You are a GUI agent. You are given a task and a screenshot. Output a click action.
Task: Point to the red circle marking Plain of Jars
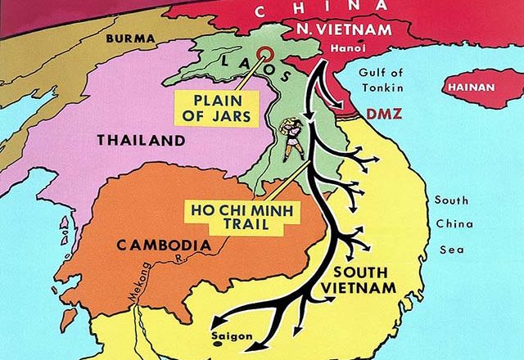(x=264, y=56)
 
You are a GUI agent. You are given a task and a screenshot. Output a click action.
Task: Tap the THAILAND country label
(x=141, y=141)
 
